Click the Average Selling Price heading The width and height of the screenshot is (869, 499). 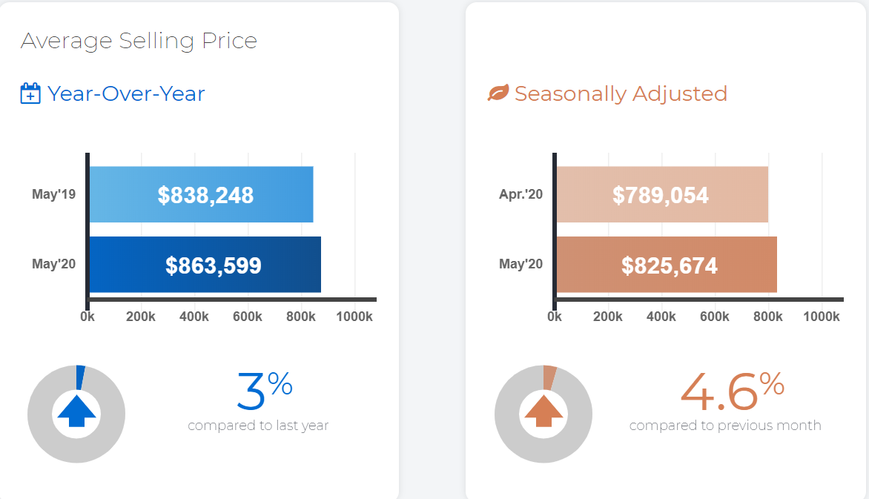(139, 41)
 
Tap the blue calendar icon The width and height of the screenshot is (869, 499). (30, 93)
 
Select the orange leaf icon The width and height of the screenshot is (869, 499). (498, 93)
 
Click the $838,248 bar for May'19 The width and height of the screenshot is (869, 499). (201, 194)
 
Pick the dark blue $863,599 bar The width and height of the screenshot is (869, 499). (205, 265)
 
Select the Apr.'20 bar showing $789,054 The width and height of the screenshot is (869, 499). (662, 194)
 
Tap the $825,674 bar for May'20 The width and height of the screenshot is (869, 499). (667, 265)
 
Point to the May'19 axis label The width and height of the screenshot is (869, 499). (54, 194)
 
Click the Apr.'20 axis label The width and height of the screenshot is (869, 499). (521, 194)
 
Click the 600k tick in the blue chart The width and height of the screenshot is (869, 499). (248, 317)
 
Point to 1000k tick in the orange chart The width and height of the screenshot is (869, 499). (822, 317)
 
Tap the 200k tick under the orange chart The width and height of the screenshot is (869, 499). (608, 317)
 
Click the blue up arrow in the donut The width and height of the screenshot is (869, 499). (76, 411)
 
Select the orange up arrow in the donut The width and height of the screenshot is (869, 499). (543, 411)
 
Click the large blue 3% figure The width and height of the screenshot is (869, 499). (265, 391)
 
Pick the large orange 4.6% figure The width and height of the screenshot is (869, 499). (732, 391)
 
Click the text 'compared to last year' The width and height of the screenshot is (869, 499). (258, 426)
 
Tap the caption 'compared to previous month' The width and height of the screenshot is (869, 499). (725, 426)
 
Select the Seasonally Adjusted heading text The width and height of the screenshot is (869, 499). (621, 93)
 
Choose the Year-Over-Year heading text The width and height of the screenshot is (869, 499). (126, 93)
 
